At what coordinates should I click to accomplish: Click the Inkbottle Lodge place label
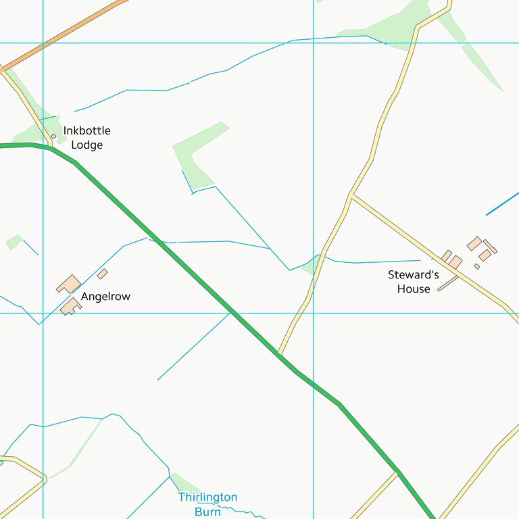[86, 137]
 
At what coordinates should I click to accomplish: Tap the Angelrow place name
[105, 296]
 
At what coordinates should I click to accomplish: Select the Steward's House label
[413, 282]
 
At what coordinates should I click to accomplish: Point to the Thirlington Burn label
[207, 504]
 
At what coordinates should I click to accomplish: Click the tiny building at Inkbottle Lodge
[53, 137]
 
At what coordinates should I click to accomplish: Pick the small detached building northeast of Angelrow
[102, 274]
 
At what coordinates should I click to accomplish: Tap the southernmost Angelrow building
[70, 307]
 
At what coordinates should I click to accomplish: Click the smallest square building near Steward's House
[476, 266]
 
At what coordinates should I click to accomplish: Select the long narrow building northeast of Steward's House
[490, 247]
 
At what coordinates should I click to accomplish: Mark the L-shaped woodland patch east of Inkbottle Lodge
[196, 155]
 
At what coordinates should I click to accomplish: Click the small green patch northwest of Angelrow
[14, 242]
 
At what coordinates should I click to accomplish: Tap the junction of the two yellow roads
[352, 197]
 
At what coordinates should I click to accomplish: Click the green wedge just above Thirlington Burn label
[184, 483]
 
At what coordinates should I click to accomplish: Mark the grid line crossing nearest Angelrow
[43, 313]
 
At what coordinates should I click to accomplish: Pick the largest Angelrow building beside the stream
[69, 284]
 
